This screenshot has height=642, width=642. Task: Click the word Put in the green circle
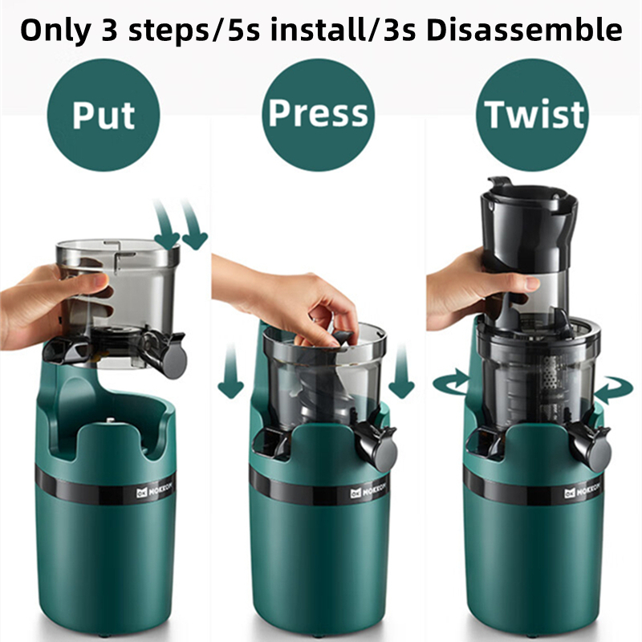(104, 115)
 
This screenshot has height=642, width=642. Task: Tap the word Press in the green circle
(318, 113)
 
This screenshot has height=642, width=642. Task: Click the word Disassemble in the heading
(524, 30)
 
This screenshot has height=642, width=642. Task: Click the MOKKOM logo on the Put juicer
(154, 490)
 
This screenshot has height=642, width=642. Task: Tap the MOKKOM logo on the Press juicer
(368, 490)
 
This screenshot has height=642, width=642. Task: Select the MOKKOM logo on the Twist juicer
(582, 490)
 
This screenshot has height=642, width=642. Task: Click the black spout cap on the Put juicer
(173, 359)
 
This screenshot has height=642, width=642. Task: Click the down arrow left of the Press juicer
(230, 371)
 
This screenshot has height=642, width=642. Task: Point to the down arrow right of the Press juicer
(401, 371)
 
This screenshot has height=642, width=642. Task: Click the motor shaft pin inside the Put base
(110, 421)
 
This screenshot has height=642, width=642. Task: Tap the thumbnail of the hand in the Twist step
(532, 283)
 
